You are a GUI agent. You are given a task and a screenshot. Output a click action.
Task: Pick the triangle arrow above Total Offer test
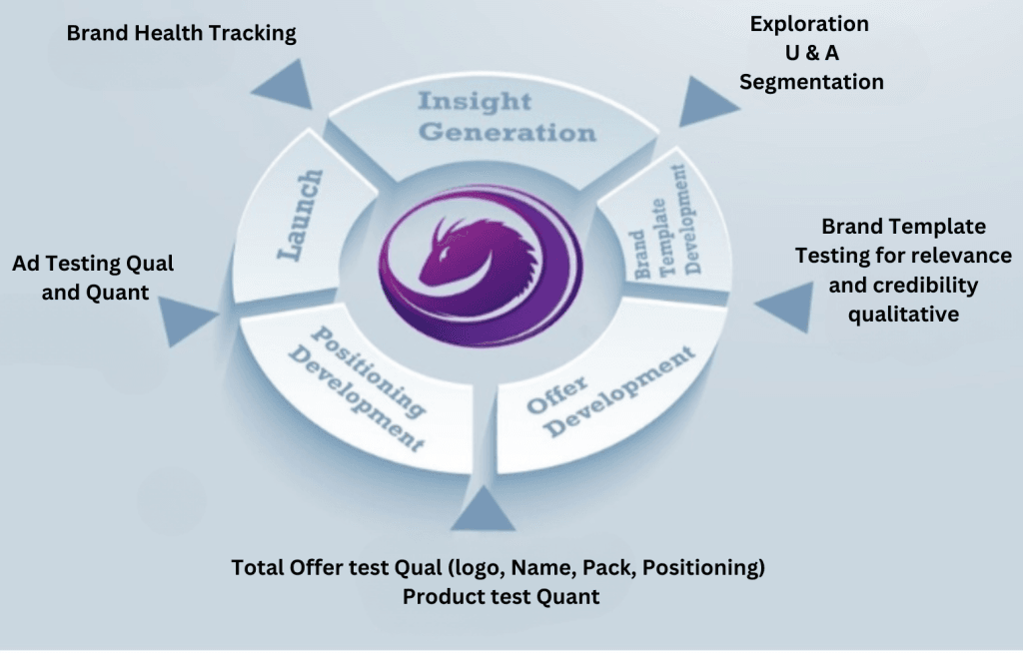[x=483, y=510]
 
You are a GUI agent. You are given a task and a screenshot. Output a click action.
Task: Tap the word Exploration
[x=809, y=23]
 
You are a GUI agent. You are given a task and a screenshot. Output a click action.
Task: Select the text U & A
[x=810, y=53]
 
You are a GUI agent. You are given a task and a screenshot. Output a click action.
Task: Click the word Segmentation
[x=811, y=82]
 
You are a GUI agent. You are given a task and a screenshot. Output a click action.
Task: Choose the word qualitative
[x=903, y=315]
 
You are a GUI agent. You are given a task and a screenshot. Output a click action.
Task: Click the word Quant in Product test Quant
[x=570, y=596]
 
